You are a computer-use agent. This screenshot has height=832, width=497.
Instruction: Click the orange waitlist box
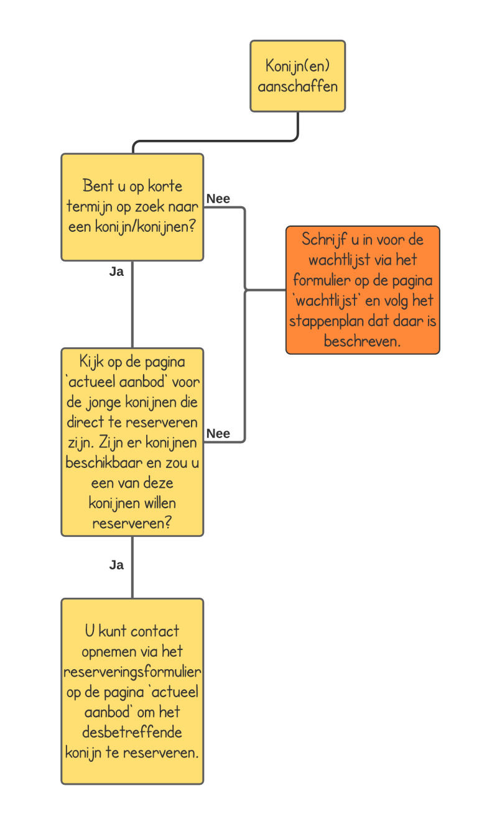click(x=363, y=290)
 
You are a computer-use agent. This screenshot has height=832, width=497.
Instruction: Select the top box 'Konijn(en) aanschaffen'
click(x=297, y=76)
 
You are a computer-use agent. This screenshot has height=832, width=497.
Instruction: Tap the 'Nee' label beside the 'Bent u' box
click(x=218, y=199)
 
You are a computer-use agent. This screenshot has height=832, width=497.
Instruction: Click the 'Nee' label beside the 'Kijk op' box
click(x=218, y=434)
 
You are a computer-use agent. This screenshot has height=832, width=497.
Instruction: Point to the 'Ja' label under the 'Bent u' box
click(x=116, y=272)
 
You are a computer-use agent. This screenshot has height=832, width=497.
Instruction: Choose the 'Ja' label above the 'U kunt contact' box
click(x=116, y=565)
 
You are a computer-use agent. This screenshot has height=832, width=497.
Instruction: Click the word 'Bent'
click(x=97, y=186)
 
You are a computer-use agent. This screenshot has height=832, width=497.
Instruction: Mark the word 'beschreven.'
click(x=362, y=342)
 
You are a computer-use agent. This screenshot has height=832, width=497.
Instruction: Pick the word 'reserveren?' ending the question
click(x=132, y=523)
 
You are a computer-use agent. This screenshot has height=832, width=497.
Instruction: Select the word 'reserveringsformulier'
click(x=132, y=672)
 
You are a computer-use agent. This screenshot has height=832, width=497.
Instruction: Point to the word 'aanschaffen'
click(x=297, y=86)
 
